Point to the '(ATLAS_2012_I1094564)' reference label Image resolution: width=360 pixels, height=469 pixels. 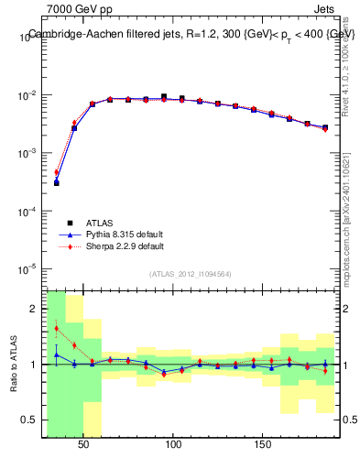191,274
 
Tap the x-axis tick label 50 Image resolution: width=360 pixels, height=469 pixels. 84,444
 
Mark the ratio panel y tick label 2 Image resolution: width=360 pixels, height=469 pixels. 33,309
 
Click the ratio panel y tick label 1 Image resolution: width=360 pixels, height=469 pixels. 33,365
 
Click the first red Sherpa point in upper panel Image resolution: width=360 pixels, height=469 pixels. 56,172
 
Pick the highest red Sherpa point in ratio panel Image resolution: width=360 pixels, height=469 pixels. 56,328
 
